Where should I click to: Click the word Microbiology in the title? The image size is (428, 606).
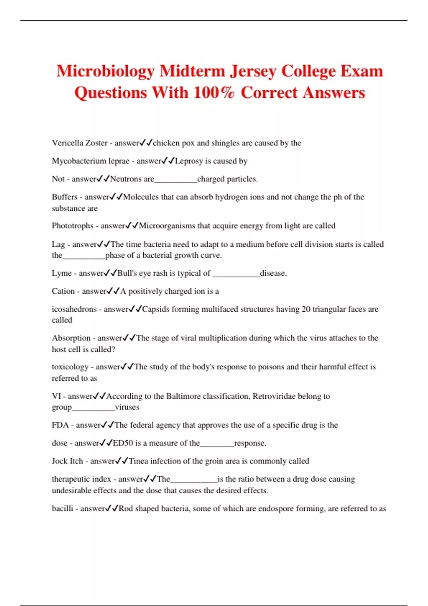pos(106,71)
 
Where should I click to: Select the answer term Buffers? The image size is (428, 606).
pos(65,197)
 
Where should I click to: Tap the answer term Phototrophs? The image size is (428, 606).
pos(72,226)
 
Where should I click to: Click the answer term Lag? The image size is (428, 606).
pos(58,245)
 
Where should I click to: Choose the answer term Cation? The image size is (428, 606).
pos(63,291)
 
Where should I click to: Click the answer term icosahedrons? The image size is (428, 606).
pos(74,309)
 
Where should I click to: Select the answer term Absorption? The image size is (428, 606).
pos(71,338)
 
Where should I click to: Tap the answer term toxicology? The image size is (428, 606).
pos(70,367)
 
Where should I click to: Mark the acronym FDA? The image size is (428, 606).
pos(60,425)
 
